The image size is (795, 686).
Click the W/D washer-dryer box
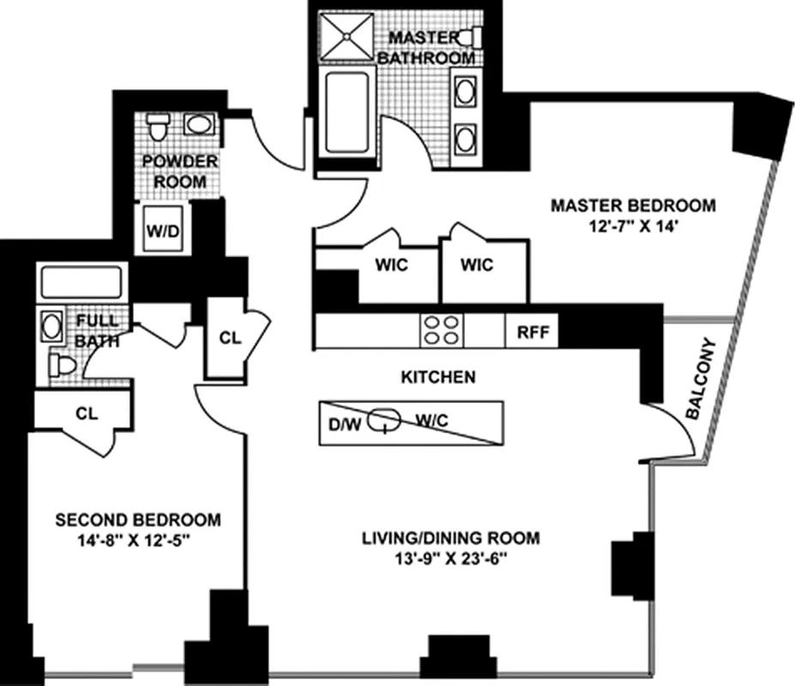164,230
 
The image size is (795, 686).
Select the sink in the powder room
201,126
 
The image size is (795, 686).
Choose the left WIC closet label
391,265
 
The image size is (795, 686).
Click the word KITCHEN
437,376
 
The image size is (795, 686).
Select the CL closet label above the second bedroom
86,412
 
